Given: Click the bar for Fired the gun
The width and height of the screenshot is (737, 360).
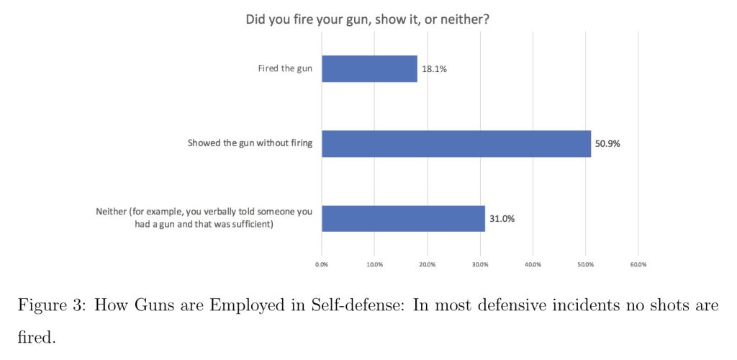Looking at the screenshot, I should [x=369, y=69].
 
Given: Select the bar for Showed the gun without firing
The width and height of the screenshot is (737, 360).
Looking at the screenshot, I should [x=456, y=143].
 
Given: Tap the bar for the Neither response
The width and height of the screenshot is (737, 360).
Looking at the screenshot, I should [x=403, y=218].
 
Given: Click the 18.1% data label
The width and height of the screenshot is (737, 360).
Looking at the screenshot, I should [x=434, y=69].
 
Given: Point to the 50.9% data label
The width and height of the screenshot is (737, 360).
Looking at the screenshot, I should [x=607, y=143].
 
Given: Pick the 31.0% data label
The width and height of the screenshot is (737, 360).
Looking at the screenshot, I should [x=502, y=218].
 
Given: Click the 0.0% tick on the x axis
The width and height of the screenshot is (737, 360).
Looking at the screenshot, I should [x=322, y=265].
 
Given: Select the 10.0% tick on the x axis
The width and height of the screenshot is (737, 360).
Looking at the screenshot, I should [x=374, y=265].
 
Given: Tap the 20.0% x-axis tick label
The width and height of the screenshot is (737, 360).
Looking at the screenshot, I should [x=428, y=265].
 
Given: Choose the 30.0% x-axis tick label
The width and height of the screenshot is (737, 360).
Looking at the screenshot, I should [x=480, y=265].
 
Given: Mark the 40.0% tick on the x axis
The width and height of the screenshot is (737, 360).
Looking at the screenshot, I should [x=533, y=265].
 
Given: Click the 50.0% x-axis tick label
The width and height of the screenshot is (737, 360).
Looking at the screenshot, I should [x=585, y=265].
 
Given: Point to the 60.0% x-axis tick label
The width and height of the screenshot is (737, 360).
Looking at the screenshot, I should [x=638, y=265].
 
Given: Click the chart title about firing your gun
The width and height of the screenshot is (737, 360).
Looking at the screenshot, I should [x=368, y=19].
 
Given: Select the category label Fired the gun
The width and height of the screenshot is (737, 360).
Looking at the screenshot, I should [x=286, y=69].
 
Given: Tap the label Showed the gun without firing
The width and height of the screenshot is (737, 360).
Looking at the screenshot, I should [x=250, y=143].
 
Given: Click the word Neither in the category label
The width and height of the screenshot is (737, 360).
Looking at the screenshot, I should [x=112, y=212].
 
